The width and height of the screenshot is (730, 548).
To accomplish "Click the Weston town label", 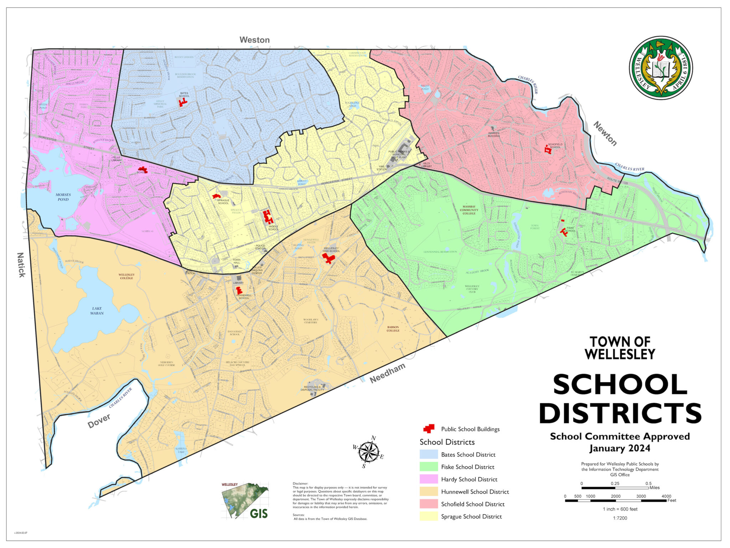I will (x=254, y=40).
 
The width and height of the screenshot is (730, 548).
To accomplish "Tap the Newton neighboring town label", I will (x=605, y=134).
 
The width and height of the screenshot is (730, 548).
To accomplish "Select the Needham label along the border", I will (x=387, y=373).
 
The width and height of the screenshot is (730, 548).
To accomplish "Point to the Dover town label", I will (x=99, y=421).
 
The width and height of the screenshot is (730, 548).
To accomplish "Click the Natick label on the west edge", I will (x=21, y=265).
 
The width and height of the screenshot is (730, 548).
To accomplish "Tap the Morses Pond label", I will (x=63, y=197).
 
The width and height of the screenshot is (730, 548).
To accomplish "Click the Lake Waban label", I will (x=97, y=311).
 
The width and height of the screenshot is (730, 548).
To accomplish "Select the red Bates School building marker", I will (x=183, y=103).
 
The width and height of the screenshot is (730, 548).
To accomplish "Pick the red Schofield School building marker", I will (x=548, y=150).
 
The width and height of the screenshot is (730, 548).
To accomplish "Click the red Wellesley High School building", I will (x=328, y=258).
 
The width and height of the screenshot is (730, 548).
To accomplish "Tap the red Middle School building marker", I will (x=268, y=217).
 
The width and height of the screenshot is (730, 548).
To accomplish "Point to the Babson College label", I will (x=393, y=329).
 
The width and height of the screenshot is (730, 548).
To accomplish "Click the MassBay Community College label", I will (x=469, y=210).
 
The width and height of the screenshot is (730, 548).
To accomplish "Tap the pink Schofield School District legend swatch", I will (x=428, y=504).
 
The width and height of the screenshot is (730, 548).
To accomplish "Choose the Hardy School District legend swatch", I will (x=428, y=479).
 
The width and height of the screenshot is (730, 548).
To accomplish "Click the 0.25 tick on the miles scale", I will (x=615, y=487).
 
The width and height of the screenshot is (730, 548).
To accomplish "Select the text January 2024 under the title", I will (x=620, y=448).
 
